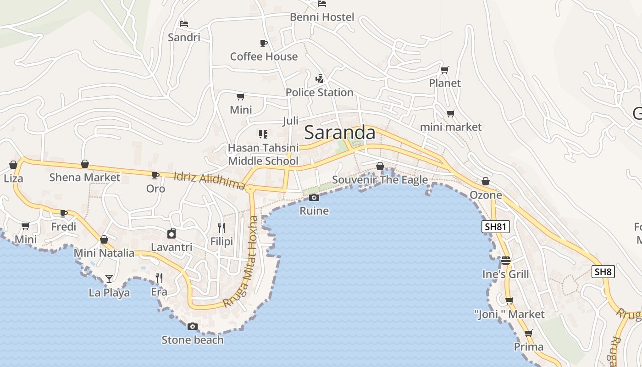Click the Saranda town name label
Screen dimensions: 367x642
pyautogui.click(x=340, y=133)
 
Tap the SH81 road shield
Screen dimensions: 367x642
pyautogui.click(x=496, y=226)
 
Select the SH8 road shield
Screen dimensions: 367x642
pyautogui.click(x=603, y=272)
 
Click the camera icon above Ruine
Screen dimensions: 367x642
pyautogui.click(x=314, y=198)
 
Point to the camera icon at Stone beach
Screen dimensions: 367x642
pyautogui.click(x=193, y=327)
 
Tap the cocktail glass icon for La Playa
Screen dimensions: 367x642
pyautogui.click(x=109, y=278)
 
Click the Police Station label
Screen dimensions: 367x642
pyautogui.click(x=319, y=92)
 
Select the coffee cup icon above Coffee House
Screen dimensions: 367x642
pyautogui.click(x=264, y=43)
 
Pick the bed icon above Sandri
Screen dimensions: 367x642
pyautogui.click(x=184, y=23)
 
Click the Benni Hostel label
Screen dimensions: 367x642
pyautogui.click(x=322, y=17)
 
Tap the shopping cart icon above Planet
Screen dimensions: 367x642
pyautogui.click(x=444, y=70)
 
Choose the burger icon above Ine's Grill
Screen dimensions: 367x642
pyautogui.click(x=506, y=261)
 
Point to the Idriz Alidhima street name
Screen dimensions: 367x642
pyautogui.click(x=210, y=180)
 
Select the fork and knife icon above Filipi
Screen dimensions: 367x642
pyautogui.click(x=221, y=228)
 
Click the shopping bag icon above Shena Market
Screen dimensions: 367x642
pyautogui.click(x=85, y=164)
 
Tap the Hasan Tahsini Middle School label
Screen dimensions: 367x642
pyautogui.click(x=263, y=154)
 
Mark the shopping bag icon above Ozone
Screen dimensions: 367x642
pyautogui.click(x=486, y=182)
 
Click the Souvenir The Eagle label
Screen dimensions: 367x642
pyautogui.click(x=380, y=180)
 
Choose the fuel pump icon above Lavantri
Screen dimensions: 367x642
pyautogui.click(x=172, y=234)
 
